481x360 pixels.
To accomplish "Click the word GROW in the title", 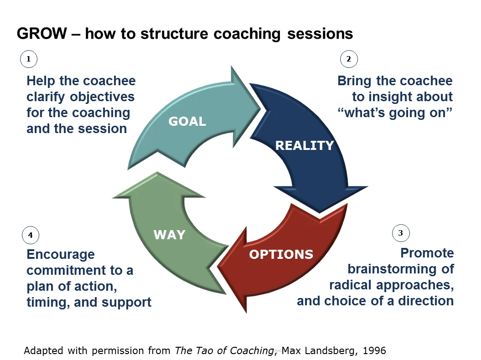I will [41, 34].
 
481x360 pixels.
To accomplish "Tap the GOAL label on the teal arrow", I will [187, 122].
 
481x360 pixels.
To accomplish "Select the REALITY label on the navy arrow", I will [305, 145].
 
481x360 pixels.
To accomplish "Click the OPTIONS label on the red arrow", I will [281, 254].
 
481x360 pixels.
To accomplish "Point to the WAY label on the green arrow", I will [170, 235].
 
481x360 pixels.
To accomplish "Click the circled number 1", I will [29, 59].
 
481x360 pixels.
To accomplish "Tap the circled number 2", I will [349, 59].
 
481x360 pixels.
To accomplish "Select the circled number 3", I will [401, 233].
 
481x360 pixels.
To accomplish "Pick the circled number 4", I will [31, 236].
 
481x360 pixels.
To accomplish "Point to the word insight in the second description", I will [396, 97].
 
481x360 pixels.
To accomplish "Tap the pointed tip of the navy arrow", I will [321, 211].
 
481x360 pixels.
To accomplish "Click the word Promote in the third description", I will [427, 253].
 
